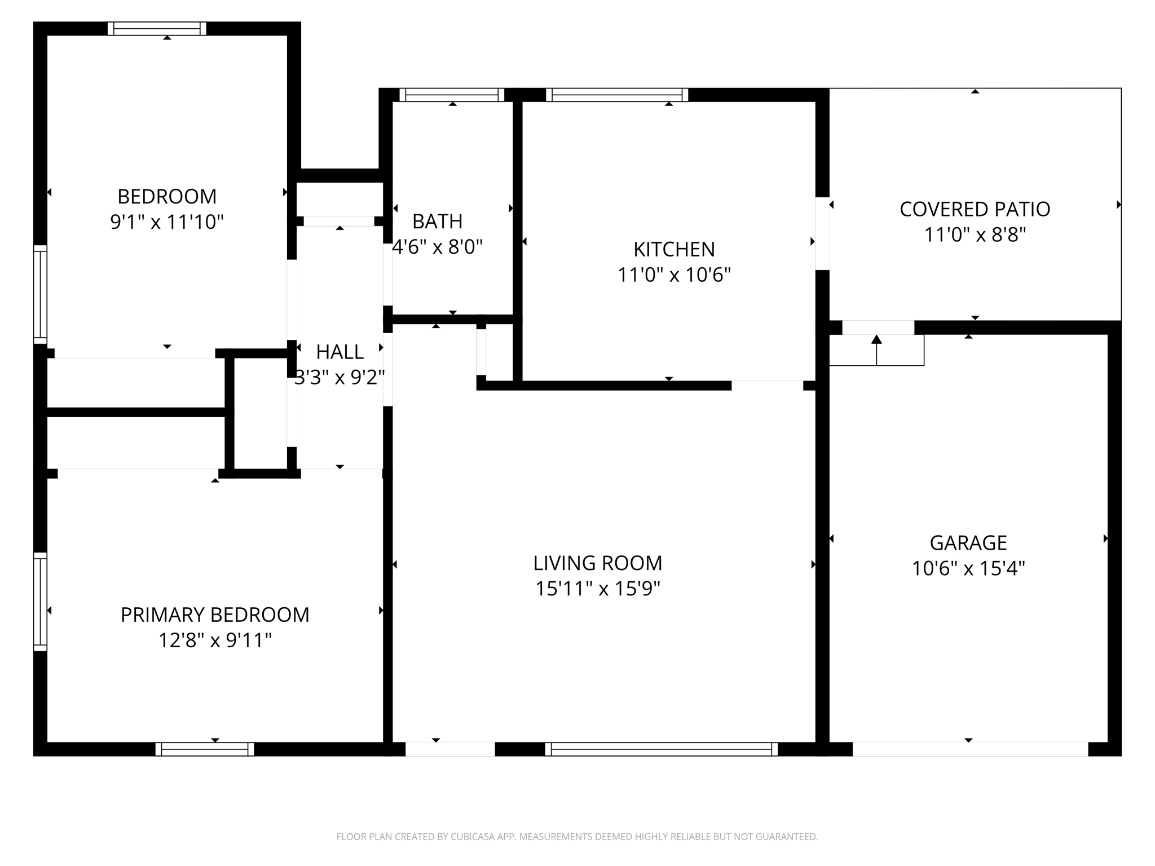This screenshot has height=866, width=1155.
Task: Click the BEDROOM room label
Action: [x=167, y=196]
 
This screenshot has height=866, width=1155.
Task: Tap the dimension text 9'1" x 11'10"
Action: [x=167, y=222]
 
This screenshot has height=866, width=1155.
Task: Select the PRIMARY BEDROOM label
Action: [x=215, y=615]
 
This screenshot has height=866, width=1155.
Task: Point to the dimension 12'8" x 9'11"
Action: [x=215, y=640]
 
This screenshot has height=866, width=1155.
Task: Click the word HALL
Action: [x=340, y=352]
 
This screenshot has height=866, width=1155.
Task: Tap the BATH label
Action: [x=438, y=222]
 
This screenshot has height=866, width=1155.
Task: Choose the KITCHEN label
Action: [x=674, y=249]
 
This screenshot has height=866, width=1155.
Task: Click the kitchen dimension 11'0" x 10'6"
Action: [x=674, y=275]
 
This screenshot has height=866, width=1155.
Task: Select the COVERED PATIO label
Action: [x=975, y=209]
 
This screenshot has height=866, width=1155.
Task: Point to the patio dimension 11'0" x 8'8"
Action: [x=975, y=235]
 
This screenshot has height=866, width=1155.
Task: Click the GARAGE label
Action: [x=968, y=542]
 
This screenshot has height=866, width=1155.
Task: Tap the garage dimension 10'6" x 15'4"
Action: [x=968, y=568]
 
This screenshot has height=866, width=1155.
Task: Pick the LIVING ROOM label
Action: [x=598, y=563]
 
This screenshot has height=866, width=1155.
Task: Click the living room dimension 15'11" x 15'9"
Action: [x=598, y=589]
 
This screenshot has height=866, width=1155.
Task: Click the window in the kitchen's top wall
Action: [x=617, y=95]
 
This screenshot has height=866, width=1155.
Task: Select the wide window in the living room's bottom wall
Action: [x=662, y=749]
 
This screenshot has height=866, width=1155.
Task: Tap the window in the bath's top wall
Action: [x=452, y=95]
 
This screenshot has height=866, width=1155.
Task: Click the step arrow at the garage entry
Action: [x=876, y=350]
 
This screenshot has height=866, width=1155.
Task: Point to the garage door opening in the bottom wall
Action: [x=970, y=749]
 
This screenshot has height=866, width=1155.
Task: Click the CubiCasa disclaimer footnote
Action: [x=577, y=837]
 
